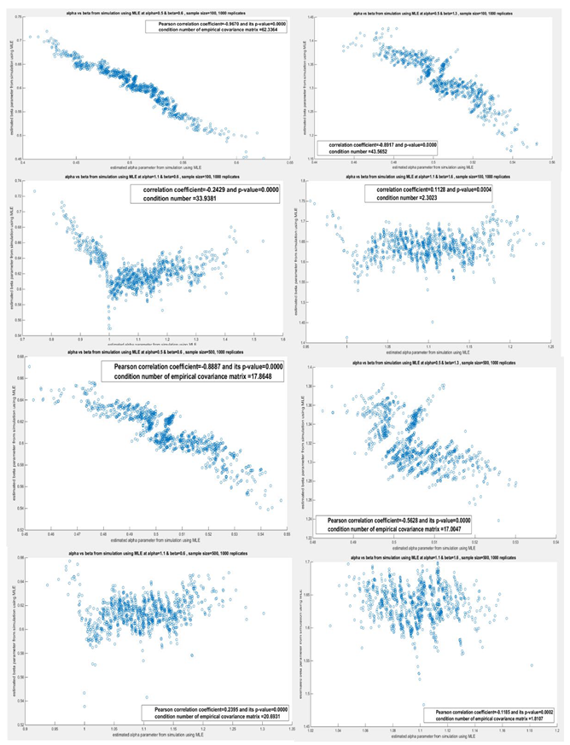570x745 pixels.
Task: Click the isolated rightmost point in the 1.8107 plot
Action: coord(531,665)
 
